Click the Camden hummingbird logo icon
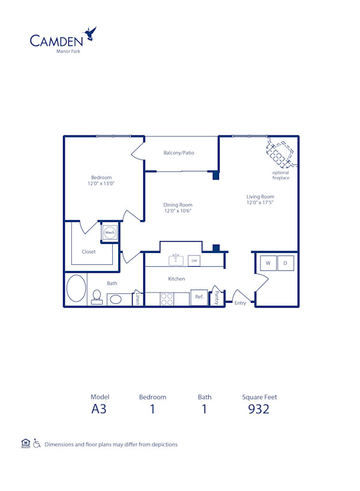pos(91,34)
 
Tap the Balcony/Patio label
pos(179,153)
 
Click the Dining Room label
pos(178,204)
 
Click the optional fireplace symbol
pos(279,153)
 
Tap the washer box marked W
pos(268,263)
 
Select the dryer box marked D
pos(286,263)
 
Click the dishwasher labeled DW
pos(194,261)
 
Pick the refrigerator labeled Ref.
pos(199,297)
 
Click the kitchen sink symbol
pos(175,260)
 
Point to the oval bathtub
pos(76,288)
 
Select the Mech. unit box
pos(110,233)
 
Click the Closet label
pos(89,252)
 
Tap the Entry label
pos(240,303)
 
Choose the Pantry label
pos(217,298)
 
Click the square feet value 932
pos(259,409)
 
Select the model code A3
pos(98,409)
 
